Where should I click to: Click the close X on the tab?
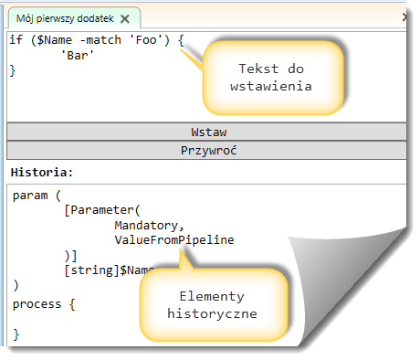coord(124,17)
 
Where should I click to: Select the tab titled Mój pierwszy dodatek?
coord(63,17)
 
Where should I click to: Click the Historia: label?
coord(36,172)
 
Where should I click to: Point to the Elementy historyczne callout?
coord(212,304)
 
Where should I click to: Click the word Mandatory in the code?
coord(150,225)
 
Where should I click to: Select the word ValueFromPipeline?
coord(174,239)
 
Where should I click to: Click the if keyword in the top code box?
coord(17,41)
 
